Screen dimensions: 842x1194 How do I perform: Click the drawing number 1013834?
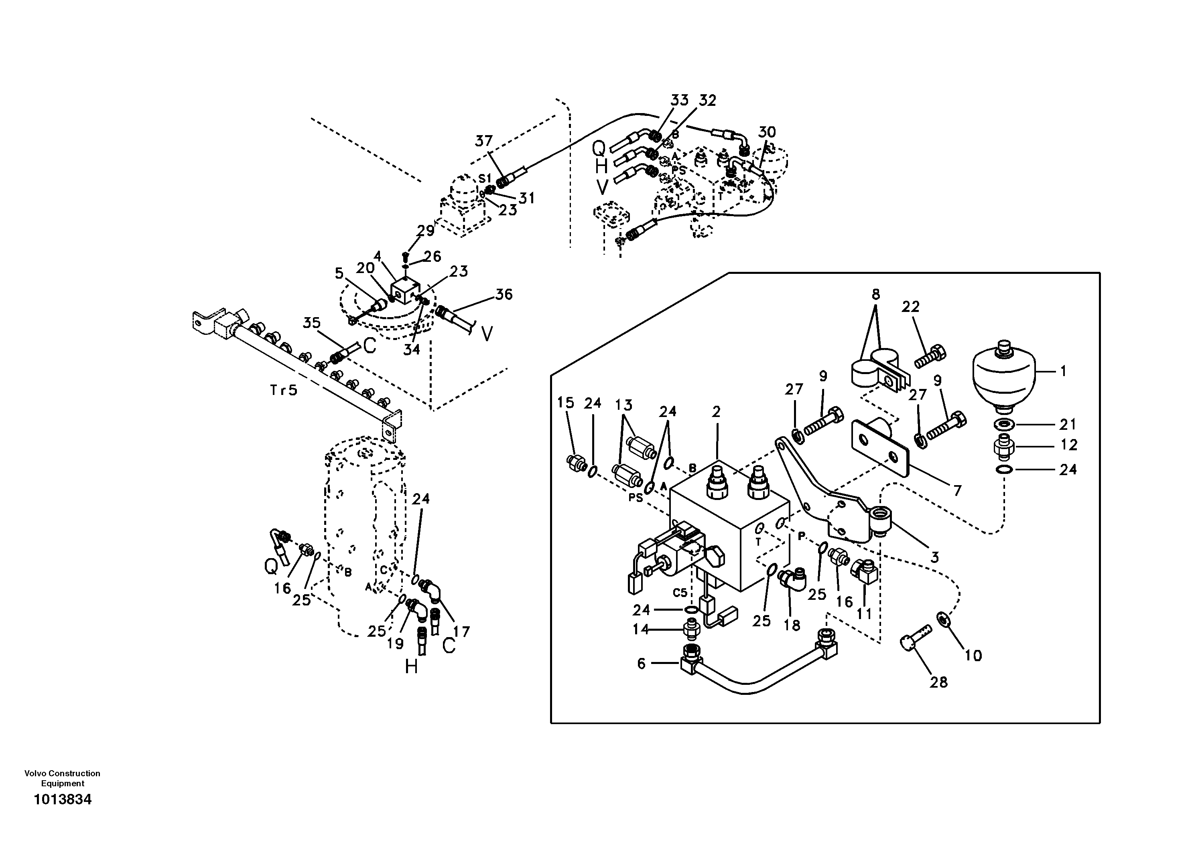[x=63, y=799]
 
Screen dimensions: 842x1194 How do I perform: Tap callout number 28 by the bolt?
[x=939, y=682]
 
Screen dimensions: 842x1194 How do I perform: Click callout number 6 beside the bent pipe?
[x=641, y=663]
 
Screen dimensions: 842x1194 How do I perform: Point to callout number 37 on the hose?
[x=483, y=141]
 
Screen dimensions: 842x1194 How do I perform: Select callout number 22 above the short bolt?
[x=911, y=307]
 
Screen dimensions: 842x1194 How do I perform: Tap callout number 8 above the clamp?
[x=876, y=295]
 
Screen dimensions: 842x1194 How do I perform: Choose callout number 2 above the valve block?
[x=716, y=412]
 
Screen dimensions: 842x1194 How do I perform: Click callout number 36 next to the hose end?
[x=504, y=294]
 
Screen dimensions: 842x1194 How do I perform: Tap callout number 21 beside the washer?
[x=1068, y=425]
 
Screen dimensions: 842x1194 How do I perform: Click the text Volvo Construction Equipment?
[x=63, y=779]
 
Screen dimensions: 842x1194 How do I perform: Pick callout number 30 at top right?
[x=767, y=132]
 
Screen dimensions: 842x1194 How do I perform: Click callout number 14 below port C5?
[x=641, y=629]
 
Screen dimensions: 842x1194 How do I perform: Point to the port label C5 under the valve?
[x=680, y=593]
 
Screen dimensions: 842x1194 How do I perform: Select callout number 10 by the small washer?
[x=973, y=656]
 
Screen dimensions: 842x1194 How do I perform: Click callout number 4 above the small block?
[x=378, y=256]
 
